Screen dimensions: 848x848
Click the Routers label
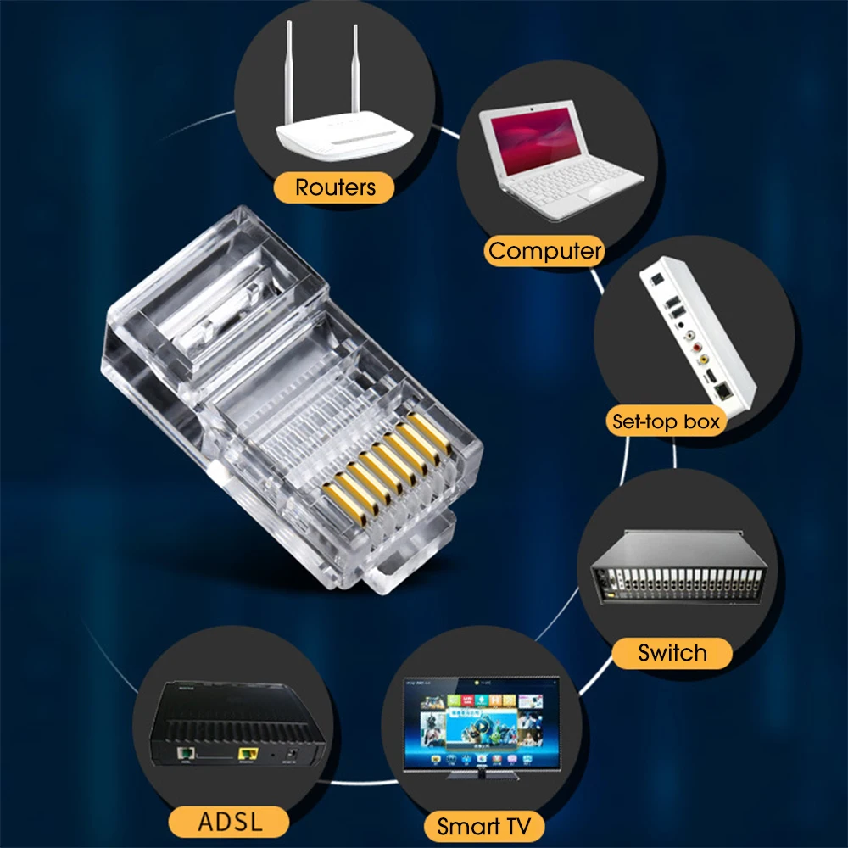[x=334, y=187]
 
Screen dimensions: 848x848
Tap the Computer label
[x=544, y=251]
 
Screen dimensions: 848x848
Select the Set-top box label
[x=667, y=421]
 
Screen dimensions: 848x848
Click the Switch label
[x=672, y=653]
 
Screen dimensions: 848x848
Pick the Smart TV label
[x=483, y=826]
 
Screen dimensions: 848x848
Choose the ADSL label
[x=229, y=822]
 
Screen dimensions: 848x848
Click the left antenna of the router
[x=289, y=72]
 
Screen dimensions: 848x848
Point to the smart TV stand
[x=482, y=775]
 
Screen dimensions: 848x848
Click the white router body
[x=344, y=135]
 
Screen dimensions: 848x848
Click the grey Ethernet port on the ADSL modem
[x=187, y=752]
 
